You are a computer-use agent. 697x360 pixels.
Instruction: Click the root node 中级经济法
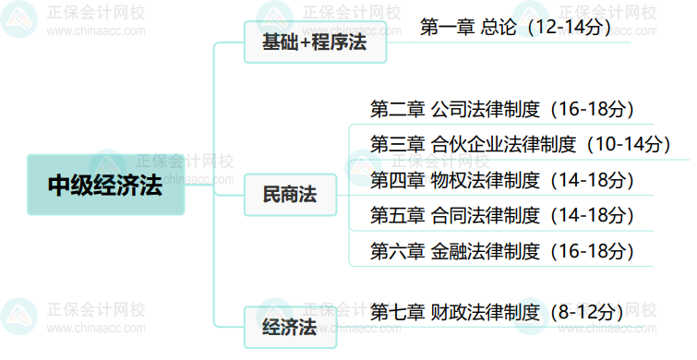[105, 184]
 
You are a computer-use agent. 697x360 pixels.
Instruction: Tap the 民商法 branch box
[290, 195]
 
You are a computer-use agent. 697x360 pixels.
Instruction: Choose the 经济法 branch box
[290, 327]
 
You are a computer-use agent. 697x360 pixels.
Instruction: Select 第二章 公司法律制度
[454, 110]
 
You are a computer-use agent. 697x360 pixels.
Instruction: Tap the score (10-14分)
[627, 145]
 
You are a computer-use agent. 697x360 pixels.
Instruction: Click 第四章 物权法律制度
[454, 180]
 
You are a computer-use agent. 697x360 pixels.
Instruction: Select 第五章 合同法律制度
[454, 215]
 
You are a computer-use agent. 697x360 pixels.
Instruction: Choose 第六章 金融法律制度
[454, 250]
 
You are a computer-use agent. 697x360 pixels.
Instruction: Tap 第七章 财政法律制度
[454, 311]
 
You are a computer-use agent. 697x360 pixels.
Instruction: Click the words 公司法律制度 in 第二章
[485, 110]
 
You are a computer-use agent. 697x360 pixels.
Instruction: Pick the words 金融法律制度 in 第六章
[485, 250]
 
